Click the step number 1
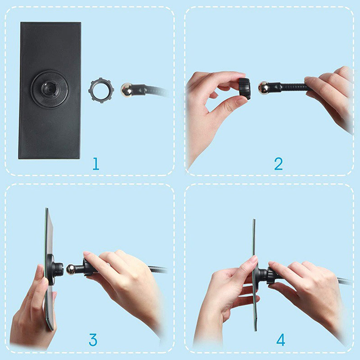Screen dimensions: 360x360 [x=96, y=164]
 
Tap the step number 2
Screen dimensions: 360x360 [x=279, y=164]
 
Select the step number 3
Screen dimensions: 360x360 [x=93, y=340]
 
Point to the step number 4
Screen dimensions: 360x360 [x=281, y=340]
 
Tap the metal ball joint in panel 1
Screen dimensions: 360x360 [x=126, y=90]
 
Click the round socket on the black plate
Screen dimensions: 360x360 [x=49, y=89]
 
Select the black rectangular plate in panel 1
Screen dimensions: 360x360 [x=49, y=90]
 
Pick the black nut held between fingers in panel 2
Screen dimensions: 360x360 [x=244, y=89]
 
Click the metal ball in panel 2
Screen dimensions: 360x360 [x=263, y=88]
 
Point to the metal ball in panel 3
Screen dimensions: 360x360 [x=71, y=270]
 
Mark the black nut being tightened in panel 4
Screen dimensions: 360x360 [x=273, y=275]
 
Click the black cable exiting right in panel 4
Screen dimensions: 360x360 [x=344, y=280]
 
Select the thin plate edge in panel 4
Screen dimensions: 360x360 [x=254, y=275]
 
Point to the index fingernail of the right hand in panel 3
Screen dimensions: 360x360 [x=87, y=254]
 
